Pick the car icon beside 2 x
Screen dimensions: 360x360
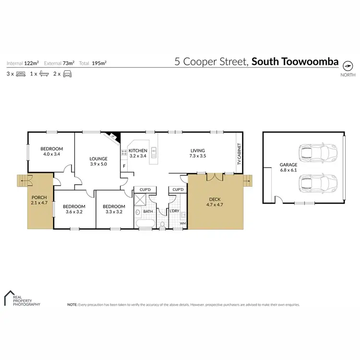pos(68,74)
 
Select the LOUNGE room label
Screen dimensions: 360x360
pos(98,158)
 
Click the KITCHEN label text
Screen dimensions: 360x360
pos(138,151)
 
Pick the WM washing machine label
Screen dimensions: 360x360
pos(182,223)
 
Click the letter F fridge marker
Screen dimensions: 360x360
pos(125,167)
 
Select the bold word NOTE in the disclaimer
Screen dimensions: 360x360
pos(72,304)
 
